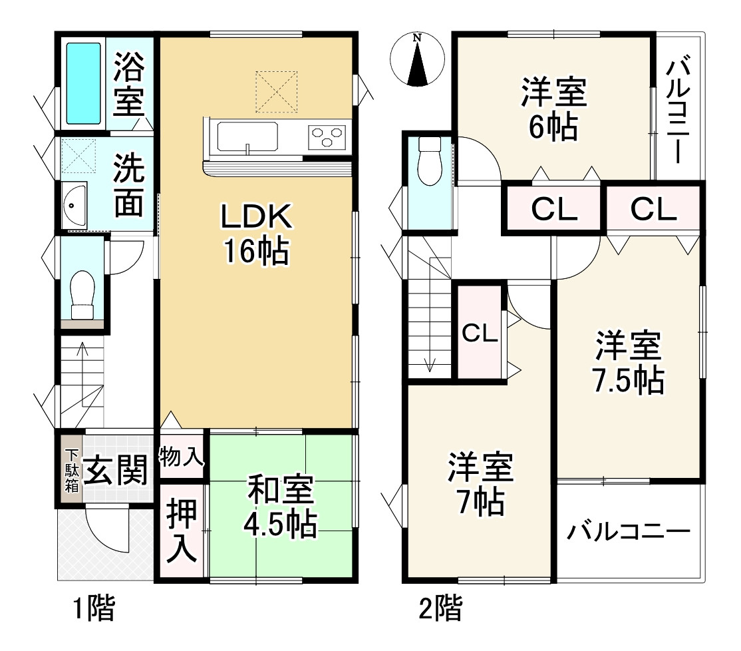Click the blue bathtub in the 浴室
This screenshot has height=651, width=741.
click(84, 83)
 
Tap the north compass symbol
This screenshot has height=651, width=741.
click(417, 59)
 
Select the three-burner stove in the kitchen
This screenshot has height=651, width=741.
click(327, 136)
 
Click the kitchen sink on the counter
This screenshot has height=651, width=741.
click(247, 136)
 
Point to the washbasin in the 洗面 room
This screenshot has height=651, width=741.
click(74, 206)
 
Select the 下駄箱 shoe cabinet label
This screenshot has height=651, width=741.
click(72, 471)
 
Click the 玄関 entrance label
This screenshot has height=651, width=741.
click(116, 470)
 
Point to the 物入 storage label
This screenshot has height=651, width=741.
click(182, 457)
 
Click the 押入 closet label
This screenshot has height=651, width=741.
click(182, 532)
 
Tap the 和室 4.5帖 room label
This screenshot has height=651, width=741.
click(280, 507)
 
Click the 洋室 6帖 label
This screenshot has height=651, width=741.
click(554, 109)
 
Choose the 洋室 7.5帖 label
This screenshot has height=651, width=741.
click(629, 363)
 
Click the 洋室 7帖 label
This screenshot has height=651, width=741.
click(481, 484)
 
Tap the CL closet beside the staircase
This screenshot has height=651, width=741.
click(480, 333)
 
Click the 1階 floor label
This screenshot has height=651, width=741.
click(94, 608)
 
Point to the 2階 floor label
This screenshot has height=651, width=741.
click(440, 608)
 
